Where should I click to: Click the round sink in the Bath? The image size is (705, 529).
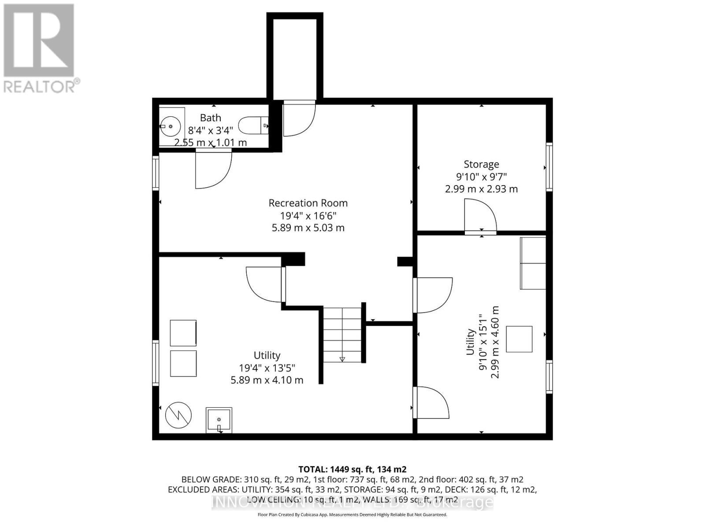tap(170, 127)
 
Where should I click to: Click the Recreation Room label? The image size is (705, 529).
tap(308, 203)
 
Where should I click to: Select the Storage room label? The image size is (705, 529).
tap(481, 164)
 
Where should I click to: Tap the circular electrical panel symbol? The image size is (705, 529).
tap(178, 415)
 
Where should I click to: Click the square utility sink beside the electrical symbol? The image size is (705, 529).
tap(219, 420)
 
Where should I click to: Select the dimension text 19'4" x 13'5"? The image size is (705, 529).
tap(267, 368)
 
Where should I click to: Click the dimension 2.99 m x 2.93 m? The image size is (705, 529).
tap(481, 189)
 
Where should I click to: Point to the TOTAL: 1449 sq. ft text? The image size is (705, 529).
tap(352, 469)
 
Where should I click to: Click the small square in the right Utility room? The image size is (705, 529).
tap(519, 339)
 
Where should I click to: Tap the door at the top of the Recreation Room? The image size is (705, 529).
tap(298, 118)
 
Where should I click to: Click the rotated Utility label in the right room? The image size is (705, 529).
tap(470, 342)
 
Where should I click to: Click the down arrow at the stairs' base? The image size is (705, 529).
tap(342, 359)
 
